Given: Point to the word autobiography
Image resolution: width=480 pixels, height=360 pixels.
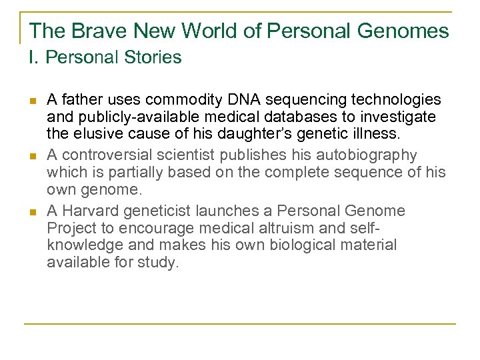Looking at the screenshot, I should [x=374, y=155].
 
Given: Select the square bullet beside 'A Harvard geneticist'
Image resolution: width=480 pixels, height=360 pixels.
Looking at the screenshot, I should [x=31, y=212].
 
